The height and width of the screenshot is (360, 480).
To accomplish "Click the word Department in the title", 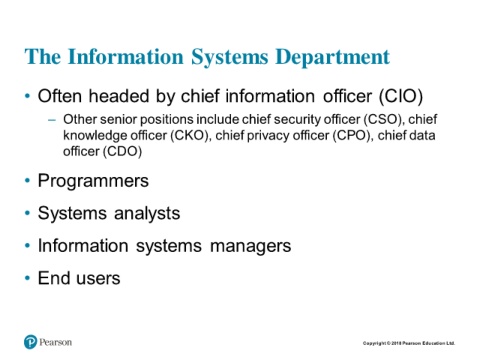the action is (x=333, y=57).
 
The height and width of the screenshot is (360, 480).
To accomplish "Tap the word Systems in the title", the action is (x=230, y=57).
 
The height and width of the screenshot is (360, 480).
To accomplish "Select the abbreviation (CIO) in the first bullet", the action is (x=401, y=96).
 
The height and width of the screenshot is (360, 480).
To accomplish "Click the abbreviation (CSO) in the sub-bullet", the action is (x=384, y=119).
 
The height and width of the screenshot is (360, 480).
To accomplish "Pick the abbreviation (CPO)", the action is (x=352, y=136).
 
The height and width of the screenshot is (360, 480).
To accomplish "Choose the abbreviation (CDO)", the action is (x=122, y=152).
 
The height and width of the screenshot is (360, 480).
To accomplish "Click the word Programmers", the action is (x=93, y=181).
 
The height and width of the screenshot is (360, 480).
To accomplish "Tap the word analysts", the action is (x=147, y=213).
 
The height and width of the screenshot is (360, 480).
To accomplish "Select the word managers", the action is (x=251, y=246).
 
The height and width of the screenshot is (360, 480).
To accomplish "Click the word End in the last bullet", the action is (x=53, y=278).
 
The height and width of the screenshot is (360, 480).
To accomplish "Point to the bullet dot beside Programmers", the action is (x=27, y=181).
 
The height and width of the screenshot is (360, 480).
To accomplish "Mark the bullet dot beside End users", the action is (x=27, y=278).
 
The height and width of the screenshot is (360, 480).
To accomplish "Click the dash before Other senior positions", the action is (x=52, y=120).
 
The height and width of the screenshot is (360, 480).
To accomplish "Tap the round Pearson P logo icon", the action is (x=30, y=342).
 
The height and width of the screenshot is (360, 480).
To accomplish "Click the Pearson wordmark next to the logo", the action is (x=56, y=342).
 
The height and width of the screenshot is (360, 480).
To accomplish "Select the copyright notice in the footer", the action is (x=409, y=343).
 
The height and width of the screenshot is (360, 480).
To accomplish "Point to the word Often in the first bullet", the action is (x=60, y=96).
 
